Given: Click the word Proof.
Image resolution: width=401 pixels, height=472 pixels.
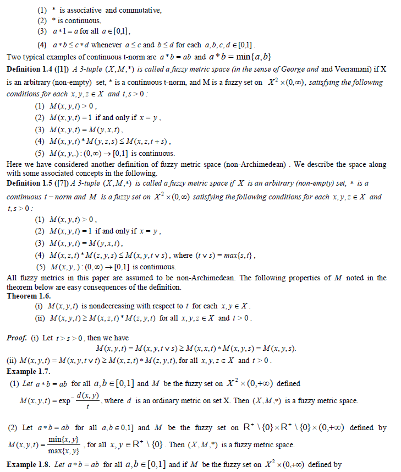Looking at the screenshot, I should [17, 337].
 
